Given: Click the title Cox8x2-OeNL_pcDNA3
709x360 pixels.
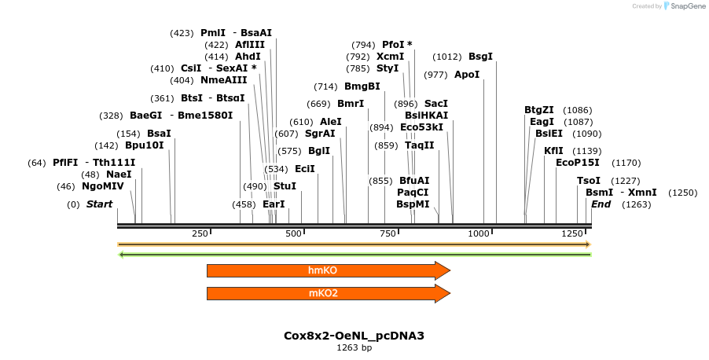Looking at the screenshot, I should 354,336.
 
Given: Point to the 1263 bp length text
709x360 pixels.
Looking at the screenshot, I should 354,347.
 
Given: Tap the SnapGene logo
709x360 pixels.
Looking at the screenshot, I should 682,6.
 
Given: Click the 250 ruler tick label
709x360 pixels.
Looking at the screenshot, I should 200,233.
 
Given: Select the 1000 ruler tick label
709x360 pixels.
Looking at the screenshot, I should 479,233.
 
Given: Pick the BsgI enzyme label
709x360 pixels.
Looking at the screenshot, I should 480,57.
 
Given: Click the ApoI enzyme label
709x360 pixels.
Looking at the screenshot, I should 466,75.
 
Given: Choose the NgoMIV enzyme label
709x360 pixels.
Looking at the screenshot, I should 102,187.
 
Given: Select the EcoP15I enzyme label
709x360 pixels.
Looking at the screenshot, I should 577,163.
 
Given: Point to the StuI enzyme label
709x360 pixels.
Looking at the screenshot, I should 285,186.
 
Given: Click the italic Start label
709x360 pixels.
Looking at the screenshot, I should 99,204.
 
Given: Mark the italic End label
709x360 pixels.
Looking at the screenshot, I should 601,204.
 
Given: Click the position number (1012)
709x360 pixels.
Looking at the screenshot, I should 446,57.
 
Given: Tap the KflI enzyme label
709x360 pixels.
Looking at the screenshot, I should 553,151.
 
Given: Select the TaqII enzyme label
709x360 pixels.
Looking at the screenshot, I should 419,145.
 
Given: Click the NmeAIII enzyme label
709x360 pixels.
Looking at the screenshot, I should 223,80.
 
